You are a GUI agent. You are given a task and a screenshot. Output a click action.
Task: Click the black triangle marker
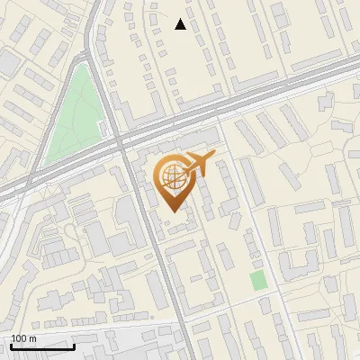[x=181, y=24]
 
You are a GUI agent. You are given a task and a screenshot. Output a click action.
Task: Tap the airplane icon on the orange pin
[x=200, y=164]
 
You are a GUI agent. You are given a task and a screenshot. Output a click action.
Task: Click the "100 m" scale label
[x=24, y=338]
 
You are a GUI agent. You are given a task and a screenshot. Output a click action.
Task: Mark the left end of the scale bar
[x=12, y=346]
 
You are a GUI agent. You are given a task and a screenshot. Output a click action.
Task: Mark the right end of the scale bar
[x=74, y=346]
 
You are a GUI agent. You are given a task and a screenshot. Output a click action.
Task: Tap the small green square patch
[x=259, y=280]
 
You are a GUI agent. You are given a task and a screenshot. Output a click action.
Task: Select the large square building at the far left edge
[x=8, y=63]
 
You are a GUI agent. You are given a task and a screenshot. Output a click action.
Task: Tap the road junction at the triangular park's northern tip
[x=88, y=58]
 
